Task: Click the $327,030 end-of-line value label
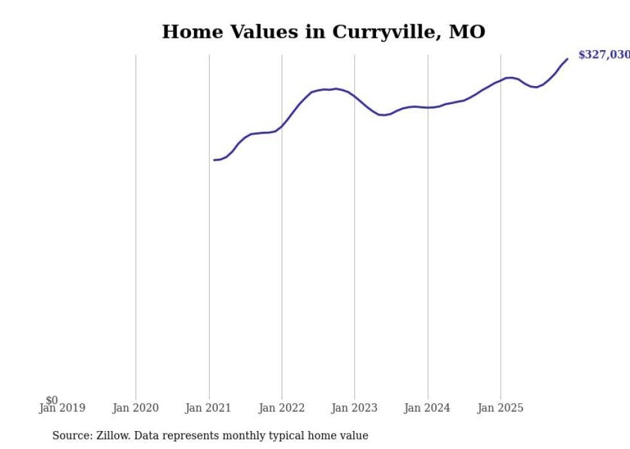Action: click(603, 55)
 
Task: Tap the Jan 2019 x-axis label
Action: click(62, 408)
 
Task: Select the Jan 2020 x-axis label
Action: click(136, 408)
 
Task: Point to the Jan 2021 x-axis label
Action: click(208, 408)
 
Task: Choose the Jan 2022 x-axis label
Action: click(282, 408)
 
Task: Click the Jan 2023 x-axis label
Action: click(354, 408)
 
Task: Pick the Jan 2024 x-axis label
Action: click(428, 408)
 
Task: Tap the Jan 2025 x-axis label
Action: click(501, 408)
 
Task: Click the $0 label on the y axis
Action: click(51, 400)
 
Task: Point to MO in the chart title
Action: click(467, 31)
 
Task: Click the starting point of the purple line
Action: click(214, 160)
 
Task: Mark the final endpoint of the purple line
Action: click(567, 59)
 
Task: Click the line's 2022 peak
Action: click(336, 89)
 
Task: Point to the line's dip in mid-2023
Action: click(382, 115)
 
